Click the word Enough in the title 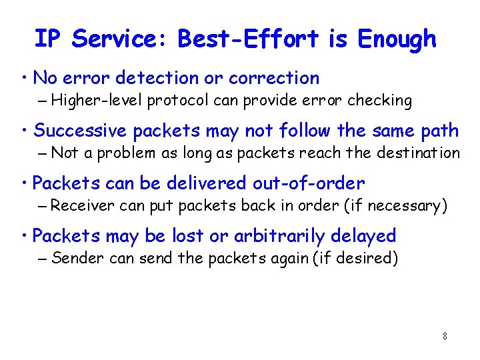coord(397,39)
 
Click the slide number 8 coord(445,336)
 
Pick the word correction coord(274,78)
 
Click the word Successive coord(81,130)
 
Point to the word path coord(441,130)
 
